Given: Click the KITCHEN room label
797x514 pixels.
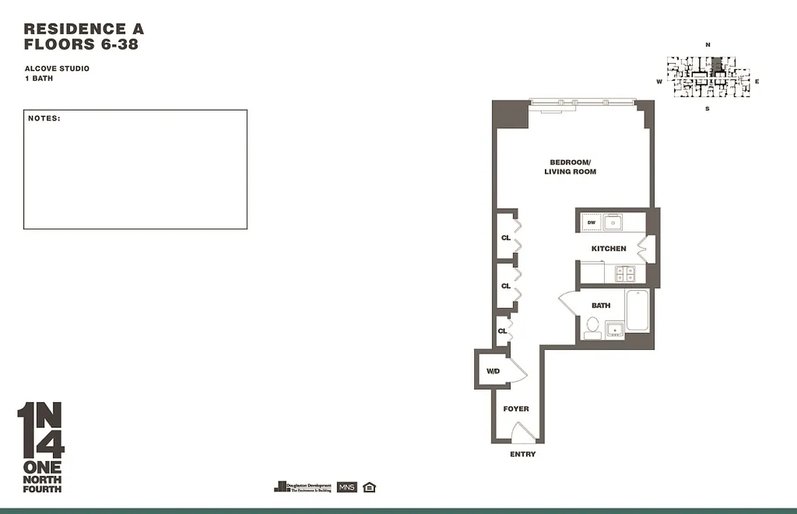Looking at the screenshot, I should (x=609, y=249).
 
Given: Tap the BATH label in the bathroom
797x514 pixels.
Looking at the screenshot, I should (x=601, y=306).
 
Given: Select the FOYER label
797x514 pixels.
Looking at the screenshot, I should (x=516, y=409).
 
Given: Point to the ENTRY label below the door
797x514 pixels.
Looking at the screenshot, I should (x=522, y=454).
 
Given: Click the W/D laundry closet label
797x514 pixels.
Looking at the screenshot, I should (x=493, y=371).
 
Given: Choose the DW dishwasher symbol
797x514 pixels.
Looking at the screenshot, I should (x=591, y=223).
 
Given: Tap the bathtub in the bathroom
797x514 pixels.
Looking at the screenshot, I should (x=637, y=310).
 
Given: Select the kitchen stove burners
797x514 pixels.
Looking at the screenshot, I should (x=625, y=274).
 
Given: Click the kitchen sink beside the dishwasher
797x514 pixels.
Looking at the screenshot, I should (x=612, y=223).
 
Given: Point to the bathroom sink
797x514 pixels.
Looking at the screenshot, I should (x=615, y=330).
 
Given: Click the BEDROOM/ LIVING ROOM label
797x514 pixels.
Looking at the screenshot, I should (x=570, y=167).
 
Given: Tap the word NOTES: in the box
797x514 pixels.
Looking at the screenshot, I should (x=44, y=119).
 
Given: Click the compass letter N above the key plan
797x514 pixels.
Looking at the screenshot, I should (x=708, y=45).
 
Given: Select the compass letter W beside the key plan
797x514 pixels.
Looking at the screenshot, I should (x=659, y=82).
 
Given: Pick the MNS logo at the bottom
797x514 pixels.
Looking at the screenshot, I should (x=347, y=487).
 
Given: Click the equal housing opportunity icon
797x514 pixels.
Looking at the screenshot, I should (x=369, y=487).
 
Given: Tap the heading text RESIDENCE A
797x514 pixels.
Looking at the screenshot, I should (x=84, y=29).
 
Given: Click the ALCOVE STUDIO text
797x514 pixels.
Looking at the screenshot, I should (x=57, y=69).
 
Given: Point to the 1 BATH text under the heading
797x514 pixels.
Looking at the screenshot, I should (x=39, y=78).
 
